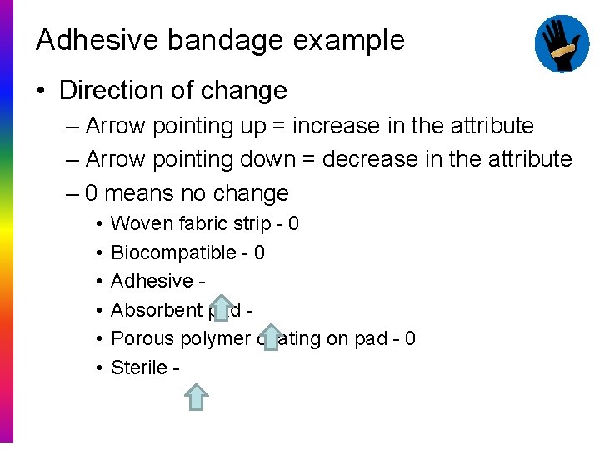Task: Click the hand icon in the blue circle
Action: (x=562, y=42)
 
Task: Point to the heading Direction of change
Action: (x=173, y=90)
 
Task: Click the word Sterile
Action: (x=139, y=367)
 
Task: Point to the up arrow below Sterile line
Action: (x=196, y=397)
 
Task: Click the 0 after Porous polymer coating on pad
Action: (x=410, y=338)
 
